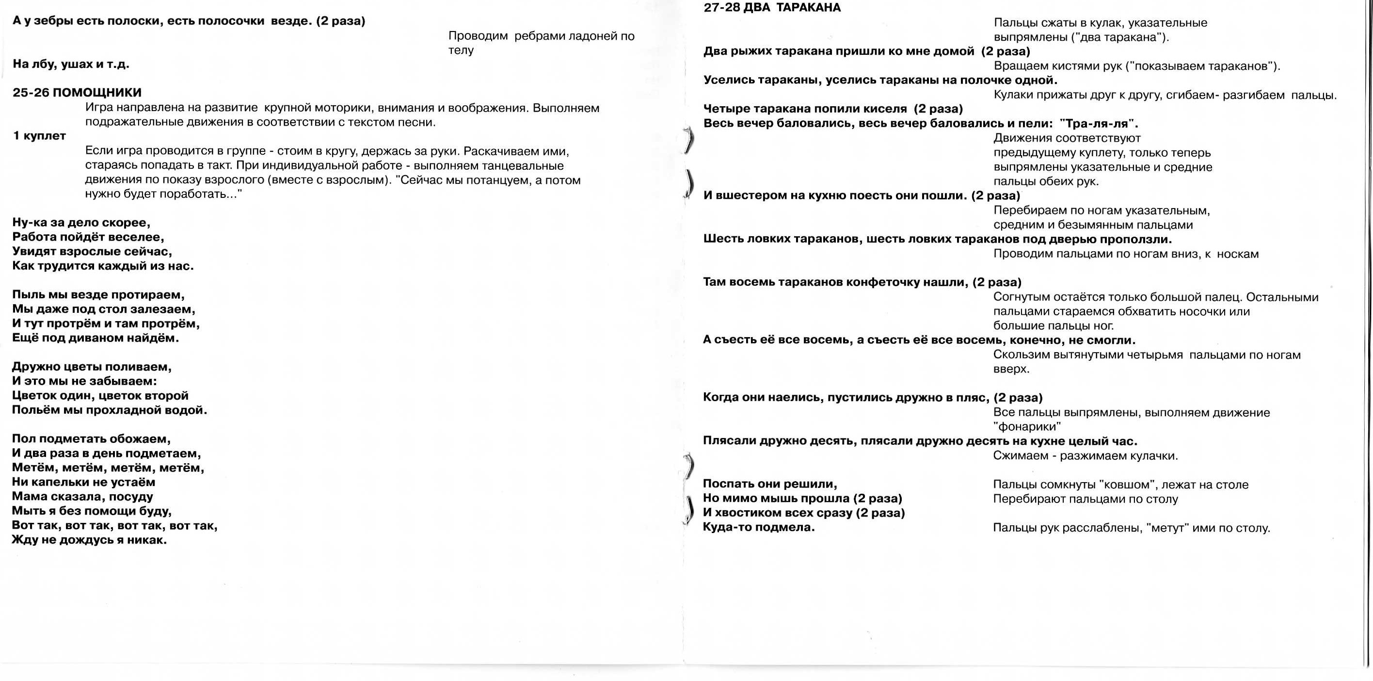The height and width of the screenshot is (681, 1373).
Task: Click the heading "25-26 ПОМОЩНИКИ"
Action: tap(77, 93)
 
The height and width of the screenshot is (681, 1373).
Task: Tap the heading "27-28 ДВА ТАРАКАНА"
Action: tap(772, 7)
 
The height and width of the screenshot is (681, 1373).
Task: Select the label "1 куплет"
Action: tap(39, 136)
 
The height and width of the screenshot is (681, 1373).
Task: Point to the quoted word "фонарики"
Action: tap(1027, 427)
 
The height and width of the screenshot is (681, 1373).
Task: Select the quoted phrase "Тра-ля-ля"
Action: tap(1099, 124)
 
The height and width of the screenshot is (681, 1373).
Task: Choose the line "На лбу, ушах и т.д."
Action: tap(71, 65)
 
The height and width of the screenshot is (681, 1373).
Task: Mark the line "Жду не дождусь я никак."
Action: tap(90, 540)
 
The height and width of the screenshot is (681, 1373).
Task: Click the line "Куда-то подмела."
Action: tap(758, 527)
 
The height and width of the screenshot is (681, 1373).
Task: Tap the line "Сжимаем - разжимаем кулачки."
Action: tap(1085, 456)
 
